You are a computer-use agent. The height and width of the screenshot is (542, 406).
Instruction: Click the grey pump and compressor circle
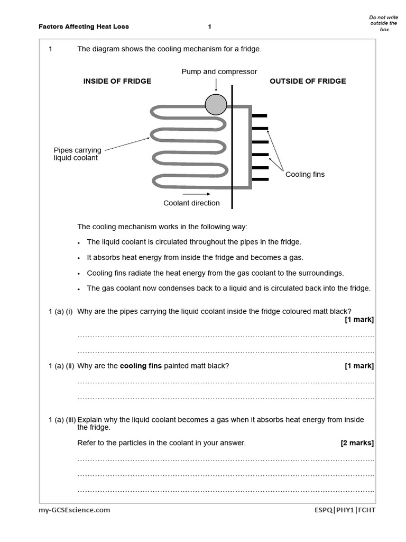coord(216,104)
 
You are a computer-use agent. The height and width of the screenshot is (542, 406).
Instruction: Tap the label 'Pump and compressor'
coord(219,71)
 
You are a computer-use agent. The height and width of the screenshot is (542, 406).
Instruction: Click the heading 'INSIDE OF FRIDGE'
coord(117,81)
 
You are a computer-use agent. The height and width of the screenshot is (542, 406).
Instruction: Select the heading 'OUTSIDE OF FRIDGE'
coord(308,81)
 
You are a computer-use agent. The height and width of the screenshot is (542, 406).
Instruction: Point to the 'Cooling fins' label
coord(305,174)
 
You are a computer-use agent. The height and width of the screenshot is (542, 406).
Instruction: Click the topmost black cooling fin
coord(260,115)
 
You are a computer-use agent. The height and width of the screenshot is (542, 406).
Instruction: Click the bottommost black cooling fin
coord(260,179)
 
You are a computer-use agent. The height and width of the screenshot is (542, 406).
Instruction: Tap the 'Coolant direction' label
coord(191,203)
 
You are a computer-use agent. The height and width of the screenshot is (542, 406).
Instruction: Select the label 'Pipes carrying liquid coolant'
coord(77,154)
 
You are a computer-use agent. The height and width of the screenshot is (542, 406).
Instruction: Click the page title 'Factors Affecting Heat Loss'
coord(84,26)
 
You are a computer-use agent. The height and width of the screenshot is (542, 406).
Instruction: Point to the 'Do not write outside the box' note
coord(383,23)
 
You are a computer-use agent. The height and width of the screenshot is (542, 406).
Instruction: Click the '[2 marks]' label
coord(357,443)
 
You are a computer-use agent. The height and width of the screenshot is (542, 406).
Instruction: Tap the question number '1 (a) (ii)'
coord(60,366)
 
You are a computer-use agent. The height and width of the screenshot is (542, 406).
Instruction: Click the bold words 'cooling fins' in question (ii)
coord(141,366)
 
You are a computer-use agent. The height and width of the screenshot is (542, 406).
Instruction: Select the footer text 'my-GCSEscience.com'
coord(75,510)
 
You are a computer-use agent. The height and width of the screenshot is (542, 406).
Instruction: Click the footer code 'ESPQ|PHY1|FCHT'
coord(344,510)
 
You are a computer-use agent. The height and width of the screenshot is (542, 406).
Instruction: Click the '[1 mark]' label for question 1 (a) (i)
coord(359,319)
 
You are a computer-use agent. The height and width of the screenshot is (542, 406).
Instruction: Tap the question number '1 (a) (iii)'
coord(62,420)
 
